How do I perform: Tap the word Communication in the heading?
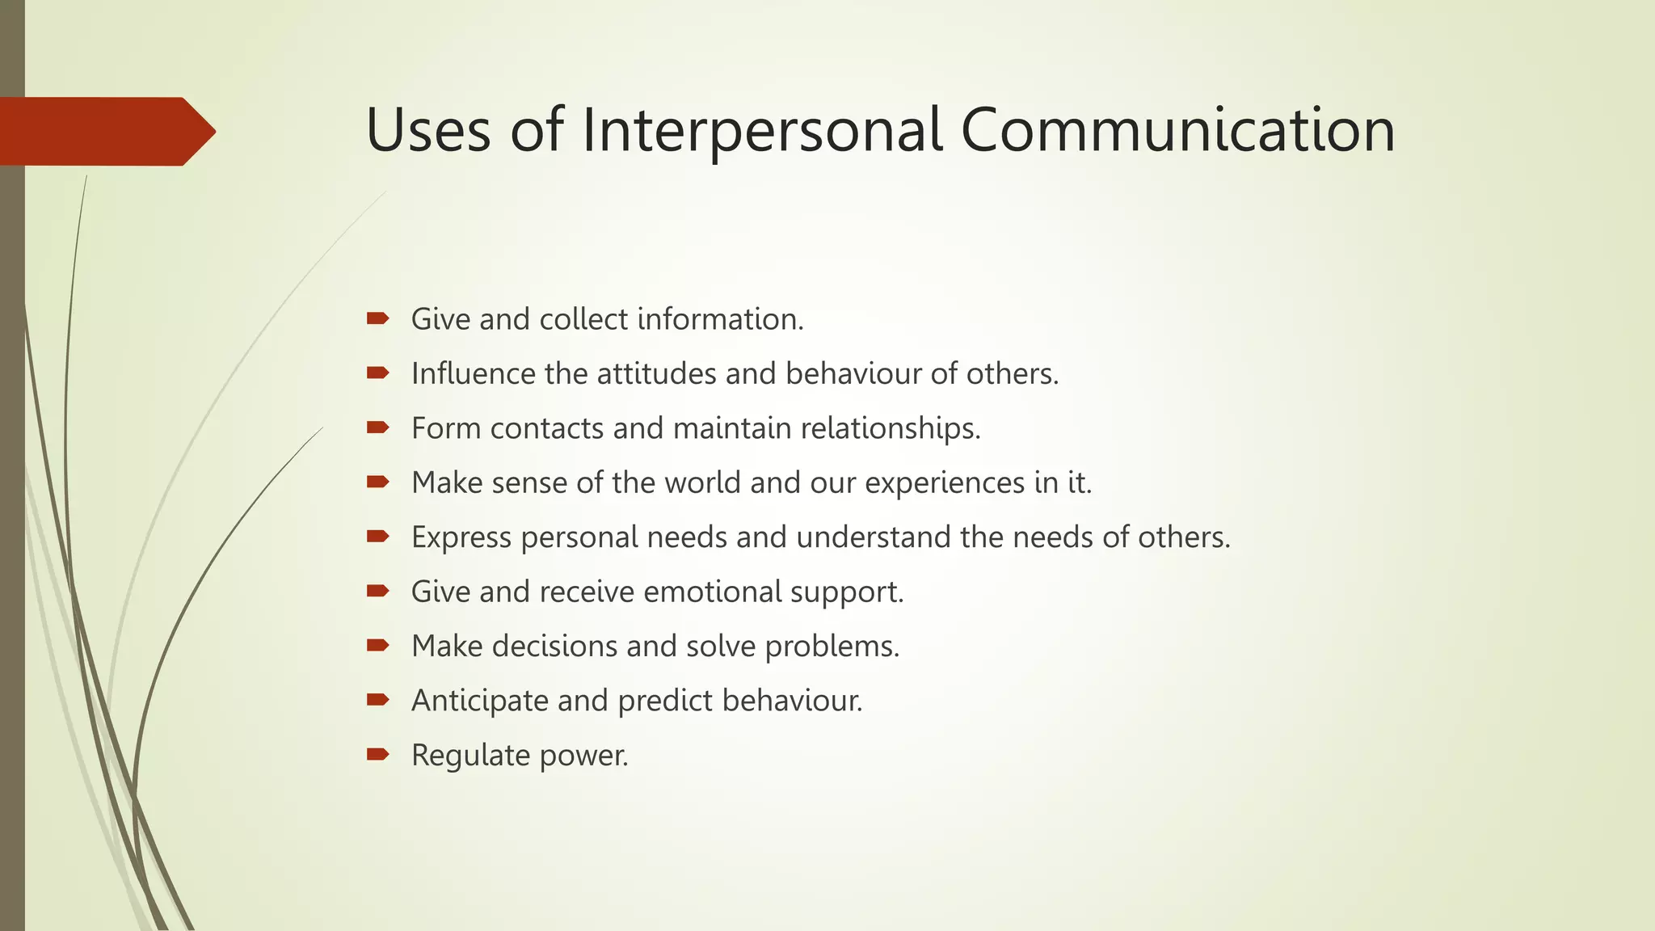coord(1177,130)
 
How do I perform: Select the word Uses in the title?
coord(427,130)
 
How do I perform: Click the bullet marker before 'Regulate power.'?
coord(377,755)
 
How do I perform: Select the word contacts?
coord(546,428)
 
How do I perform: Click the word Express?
coord(461,537)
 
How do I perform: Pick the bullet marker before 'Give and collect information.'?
coord(377,318)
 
